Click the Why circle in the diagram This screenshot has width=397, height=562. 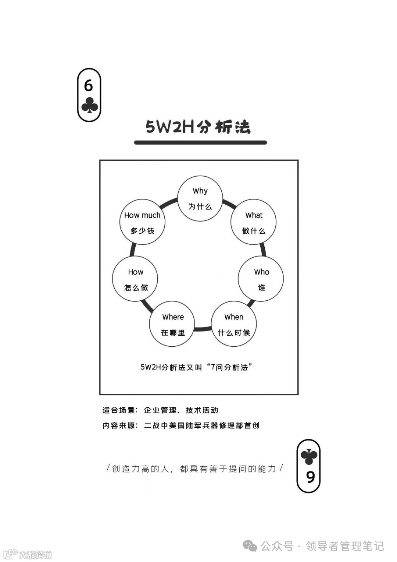tap(200, 198)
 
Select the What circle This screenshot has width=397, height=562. tap(253, 222)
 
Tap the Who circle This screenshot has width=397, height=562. tap(261, 279)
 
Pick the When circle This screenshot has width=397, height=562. tap(233, 324)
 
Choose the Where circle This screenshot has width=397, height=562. tap(172, 324)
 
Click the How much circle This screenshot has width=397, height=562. tap(142, 222)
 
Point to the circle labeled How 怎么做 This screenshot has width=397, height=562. tap(135, 279)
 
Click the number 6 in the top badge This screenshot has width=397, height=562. tap(89, 86)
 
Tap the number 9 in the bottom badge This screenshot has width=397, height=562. tap(311, 477)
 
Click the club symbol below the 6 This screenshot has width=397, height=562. tap(89, 105)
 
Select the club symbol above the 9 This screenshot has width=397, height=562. tap(309, 457)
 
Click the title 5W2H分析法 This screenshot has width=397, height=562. tap(198, 127)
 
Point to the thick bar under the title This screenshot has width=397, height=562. tap(200, 142)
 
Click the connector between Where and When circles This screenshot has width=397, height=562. tap(203, 329)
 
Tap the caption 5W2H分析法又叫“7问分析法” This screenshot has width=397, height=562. tap(197, 367)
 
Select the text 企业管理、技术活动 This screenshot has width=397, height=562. tap(181, 410)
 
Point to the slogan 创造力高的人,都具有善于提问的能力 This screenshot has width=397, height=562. tap(194, 469)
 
